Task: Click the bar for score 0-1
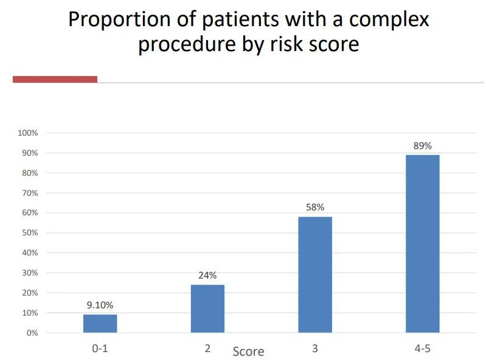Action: tap(100, 324)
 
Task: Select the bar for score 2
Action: tap(207, 308)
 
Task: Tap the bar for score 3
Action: tap(315, 275)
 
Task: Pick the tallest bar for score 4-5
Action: tap(422, 244)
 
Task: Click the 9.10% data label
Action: tap(100, 305)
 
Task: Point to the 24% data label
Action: tap(207, 275)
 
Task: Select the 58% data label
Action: tap(315, 207)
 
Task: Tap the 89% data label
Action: tap(422, 146)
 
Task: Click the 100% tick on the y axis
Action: tap(28, 133)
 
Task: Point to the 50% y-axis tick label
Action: tap(30, 233)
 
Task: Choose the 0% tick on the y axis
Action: tap(32, 333)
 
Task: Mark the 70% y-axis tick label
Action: tap(30, 193)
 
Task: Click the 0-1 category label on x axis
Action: tap(100, 349)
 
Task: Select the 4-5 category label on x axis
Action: tap(422, 349)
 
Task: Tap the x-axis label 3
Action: tap(315, 349)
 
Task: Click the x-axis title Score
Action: tap(248, 351)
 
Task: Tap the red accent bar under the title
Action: tap(55, 79)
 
